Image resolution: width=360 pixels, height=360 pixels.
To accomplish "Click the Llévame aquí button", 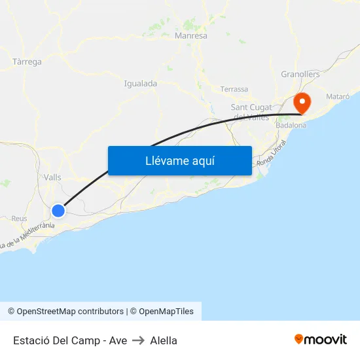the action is [180, 160].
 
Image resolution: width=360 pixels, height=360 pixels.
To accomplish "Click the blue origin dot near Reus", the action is [58, 211].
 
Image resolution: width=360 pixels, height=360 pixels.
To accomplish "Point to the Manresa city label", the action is [191, 36].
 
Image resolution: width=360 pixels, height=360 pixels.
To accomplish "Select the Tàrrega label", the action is [27, 62].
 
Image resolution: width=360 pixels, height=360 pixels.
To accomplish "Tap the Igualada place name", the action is [141, 84].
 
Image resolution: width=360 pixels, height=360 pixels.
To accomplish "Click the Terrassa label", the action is [234, 89].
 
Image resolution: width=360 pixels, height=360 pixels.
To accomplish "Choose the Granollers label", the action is [300, 75].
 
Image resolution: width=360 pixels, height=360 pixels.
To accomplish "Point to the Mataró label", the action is [338, 96].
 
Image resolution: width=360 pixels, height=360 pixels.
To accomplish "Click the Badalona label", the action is [291, 125].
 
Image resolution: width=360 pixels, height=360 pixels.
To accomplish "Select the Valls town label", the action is [52, 177].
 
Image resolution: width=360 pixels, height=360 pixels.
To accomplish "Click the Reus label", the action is [19, 219].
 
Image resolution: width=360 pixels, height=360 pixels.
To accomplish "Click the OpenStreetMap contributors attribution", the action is [70, 312].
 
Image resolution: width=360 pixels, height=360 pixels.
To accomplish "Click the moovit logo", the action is [321, 340].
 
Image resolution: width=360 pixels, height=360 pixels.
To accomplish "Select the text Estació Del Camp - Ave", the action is [70, 340].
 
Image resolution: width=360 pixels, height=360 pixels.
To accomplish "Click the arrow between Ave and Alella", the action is [138, 340].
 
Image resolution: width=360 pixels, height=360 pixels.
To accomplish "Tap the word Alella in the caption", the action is [164, 340].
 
